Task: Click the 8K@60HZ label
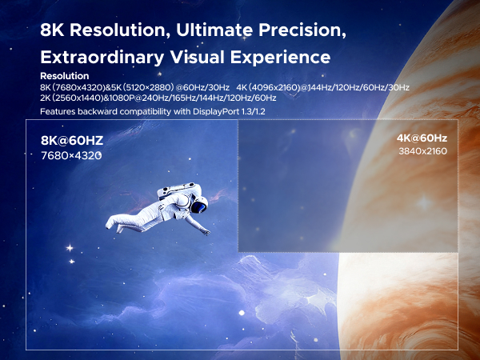pos(72,142)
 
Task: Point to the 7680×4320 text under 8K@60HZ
pos(71,155)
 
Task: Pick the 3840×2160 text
pos(422,150)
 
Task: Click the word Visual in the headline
pos(194,58)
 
